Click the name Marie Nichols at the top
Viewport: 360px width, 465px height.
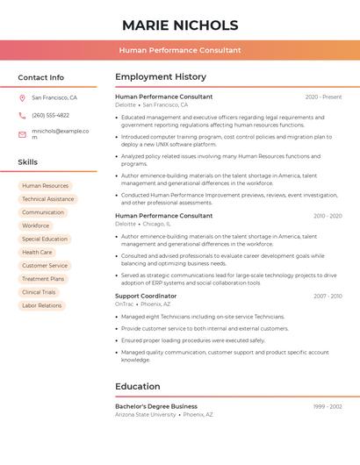coord(180,25)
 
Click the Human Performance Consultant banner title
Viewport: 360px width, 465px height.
coord(180,50)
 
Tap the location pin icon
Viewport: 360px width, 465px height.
coord(22,98)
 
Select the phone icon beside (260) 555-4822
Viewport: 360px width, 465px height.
coord(22,115)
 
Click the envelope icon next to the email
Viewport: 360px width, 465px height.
coord(22,134)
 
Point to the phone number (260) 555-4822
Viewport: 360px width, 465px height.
coord(50,115)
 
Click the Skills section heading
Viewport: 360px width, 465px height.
coord(28,162)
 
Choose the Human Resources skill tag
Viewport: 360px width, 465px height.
coord(45,186)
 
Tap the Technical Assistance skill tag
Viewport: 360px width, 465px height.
coord(47,199)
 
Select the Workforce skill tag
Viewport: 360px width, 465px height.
coord(36,225)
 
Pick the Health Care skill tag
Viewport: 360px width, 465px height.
coord(37,252)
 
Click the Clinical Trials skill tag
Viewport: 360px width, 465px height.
coord(39,292)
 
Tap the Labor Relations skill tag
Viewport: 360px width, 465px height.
coord(42,305)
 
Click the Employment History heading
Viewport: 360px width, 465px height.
coord(161,77)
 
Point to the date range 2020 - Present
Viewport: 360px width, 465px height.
coord(323,97)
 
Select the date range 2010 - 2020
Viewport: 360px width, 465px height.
coord(328,216)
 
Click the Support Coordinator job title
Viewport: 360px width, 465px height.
coord(146,297)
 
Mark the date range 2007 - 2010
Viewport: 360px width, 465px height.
coord(328,297)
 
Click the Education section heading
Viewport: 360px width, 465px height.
coord(138,386)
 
